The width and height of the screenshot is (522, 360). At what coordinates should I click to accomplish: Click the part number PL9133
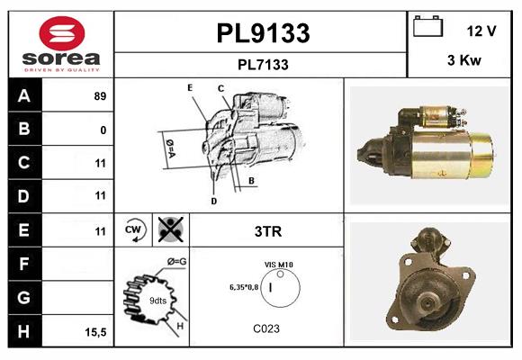click(x=263, y=33)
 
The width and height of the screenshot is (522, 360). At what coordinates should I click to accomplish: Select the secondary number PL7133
click(x=263, y=65)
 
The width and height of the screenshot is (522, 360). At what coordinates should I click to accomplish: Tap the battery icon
click(x=426, y=29)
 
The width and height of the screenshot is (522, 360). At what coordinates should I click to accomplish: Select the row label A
click(x=24, y=96)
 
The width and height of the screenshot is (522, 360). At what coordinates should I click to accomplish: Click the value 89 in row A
click(x=100, y=96)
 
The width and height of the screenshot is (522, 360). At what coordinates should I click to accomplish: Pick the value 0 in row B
click(x=103, y=130)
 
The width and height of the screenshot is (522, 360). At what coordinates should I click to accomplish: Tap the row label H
click(x=24, y=331)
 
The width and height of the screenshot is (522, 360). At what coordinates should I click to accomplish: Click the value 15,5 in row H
click(x=95, y=332)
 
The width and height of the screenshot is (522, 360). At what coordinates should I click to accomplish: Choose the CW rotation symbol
click(x=135, y=230)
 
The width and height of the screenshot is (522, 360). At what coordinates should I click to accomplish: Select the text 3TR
click(x=268, y=231)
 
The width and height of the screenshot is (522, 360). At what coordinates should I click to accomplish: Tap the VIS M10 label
click(x=279, y=265)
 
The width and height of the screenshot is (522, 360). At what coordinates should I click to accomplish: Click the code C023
click(x=266, y=328)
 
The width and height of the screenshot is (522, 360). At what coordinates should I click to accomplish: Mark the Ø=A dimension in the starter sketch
click(x=169, y=147)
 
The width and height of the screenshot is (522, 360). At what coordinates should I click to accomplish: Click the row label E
click(x=24, y=230)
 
